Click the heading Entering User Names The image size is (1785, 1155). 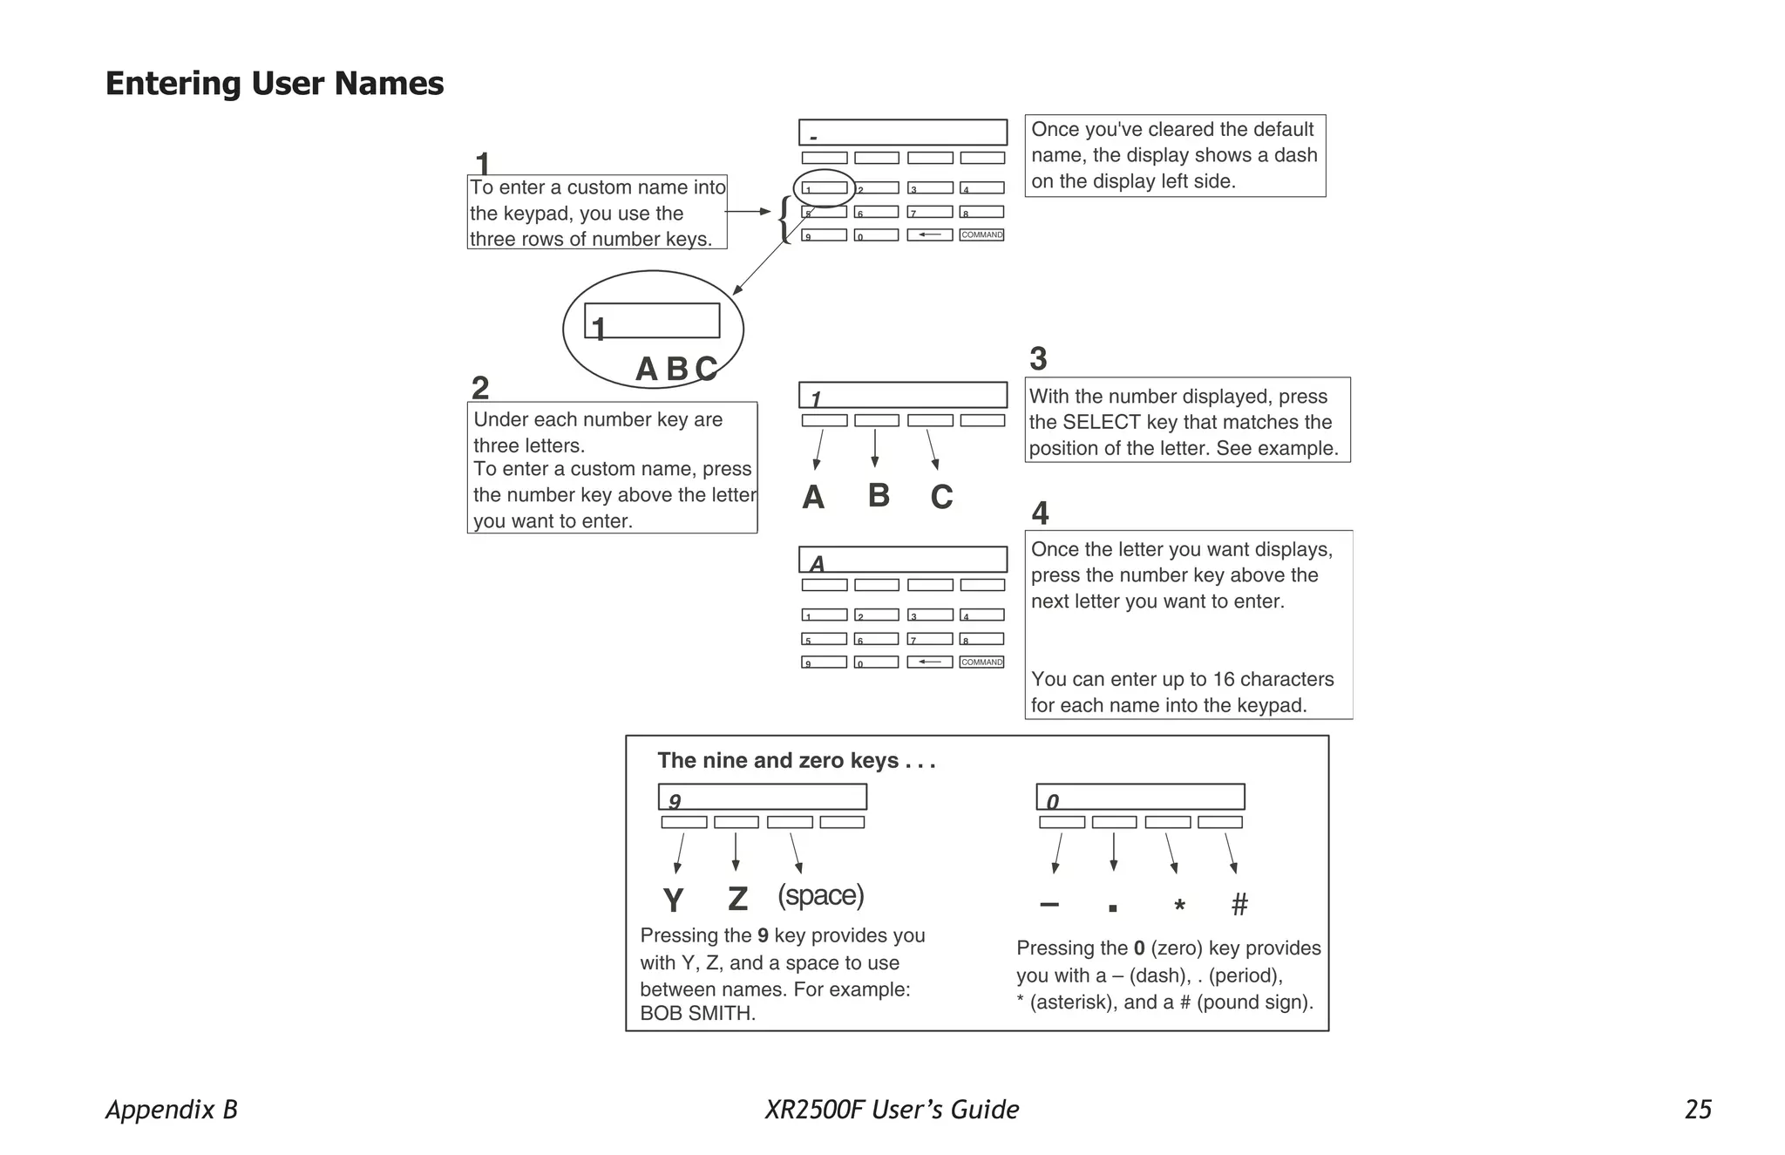coord(275,84)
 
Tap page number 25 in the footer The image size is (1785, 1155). coord(1698,1109)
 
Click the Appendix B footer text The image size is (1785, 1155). coord(172,1109)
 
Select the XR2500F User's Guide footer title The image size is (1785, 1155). coord(892,1109)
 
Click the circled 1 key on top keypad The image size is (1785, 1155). coord(824,188)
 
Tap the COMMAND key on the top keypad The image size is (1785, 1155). coord(982,234)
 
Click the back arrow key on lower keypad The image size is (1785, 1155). coord(929,662)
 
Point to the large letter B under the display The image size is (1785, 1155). coord(879,495)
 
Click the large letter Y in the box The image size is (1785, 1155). coord(673,900)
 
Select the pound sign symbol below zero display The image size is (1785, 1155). coord(1239,905)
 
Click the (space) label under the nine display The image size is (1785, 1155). coord(820,895)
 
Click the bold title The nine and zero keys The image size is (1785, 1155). coord(796,760)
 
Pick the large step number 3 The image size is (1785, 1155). coord(1038,358)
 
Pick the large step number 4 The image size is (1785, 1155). coord(1040,513)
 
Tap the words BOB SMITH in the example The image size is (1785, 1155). coord(697,1013)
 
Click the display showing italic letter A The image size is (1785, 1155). coord(903,560)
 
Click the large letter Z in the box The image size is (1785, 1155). coord(737,899)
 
